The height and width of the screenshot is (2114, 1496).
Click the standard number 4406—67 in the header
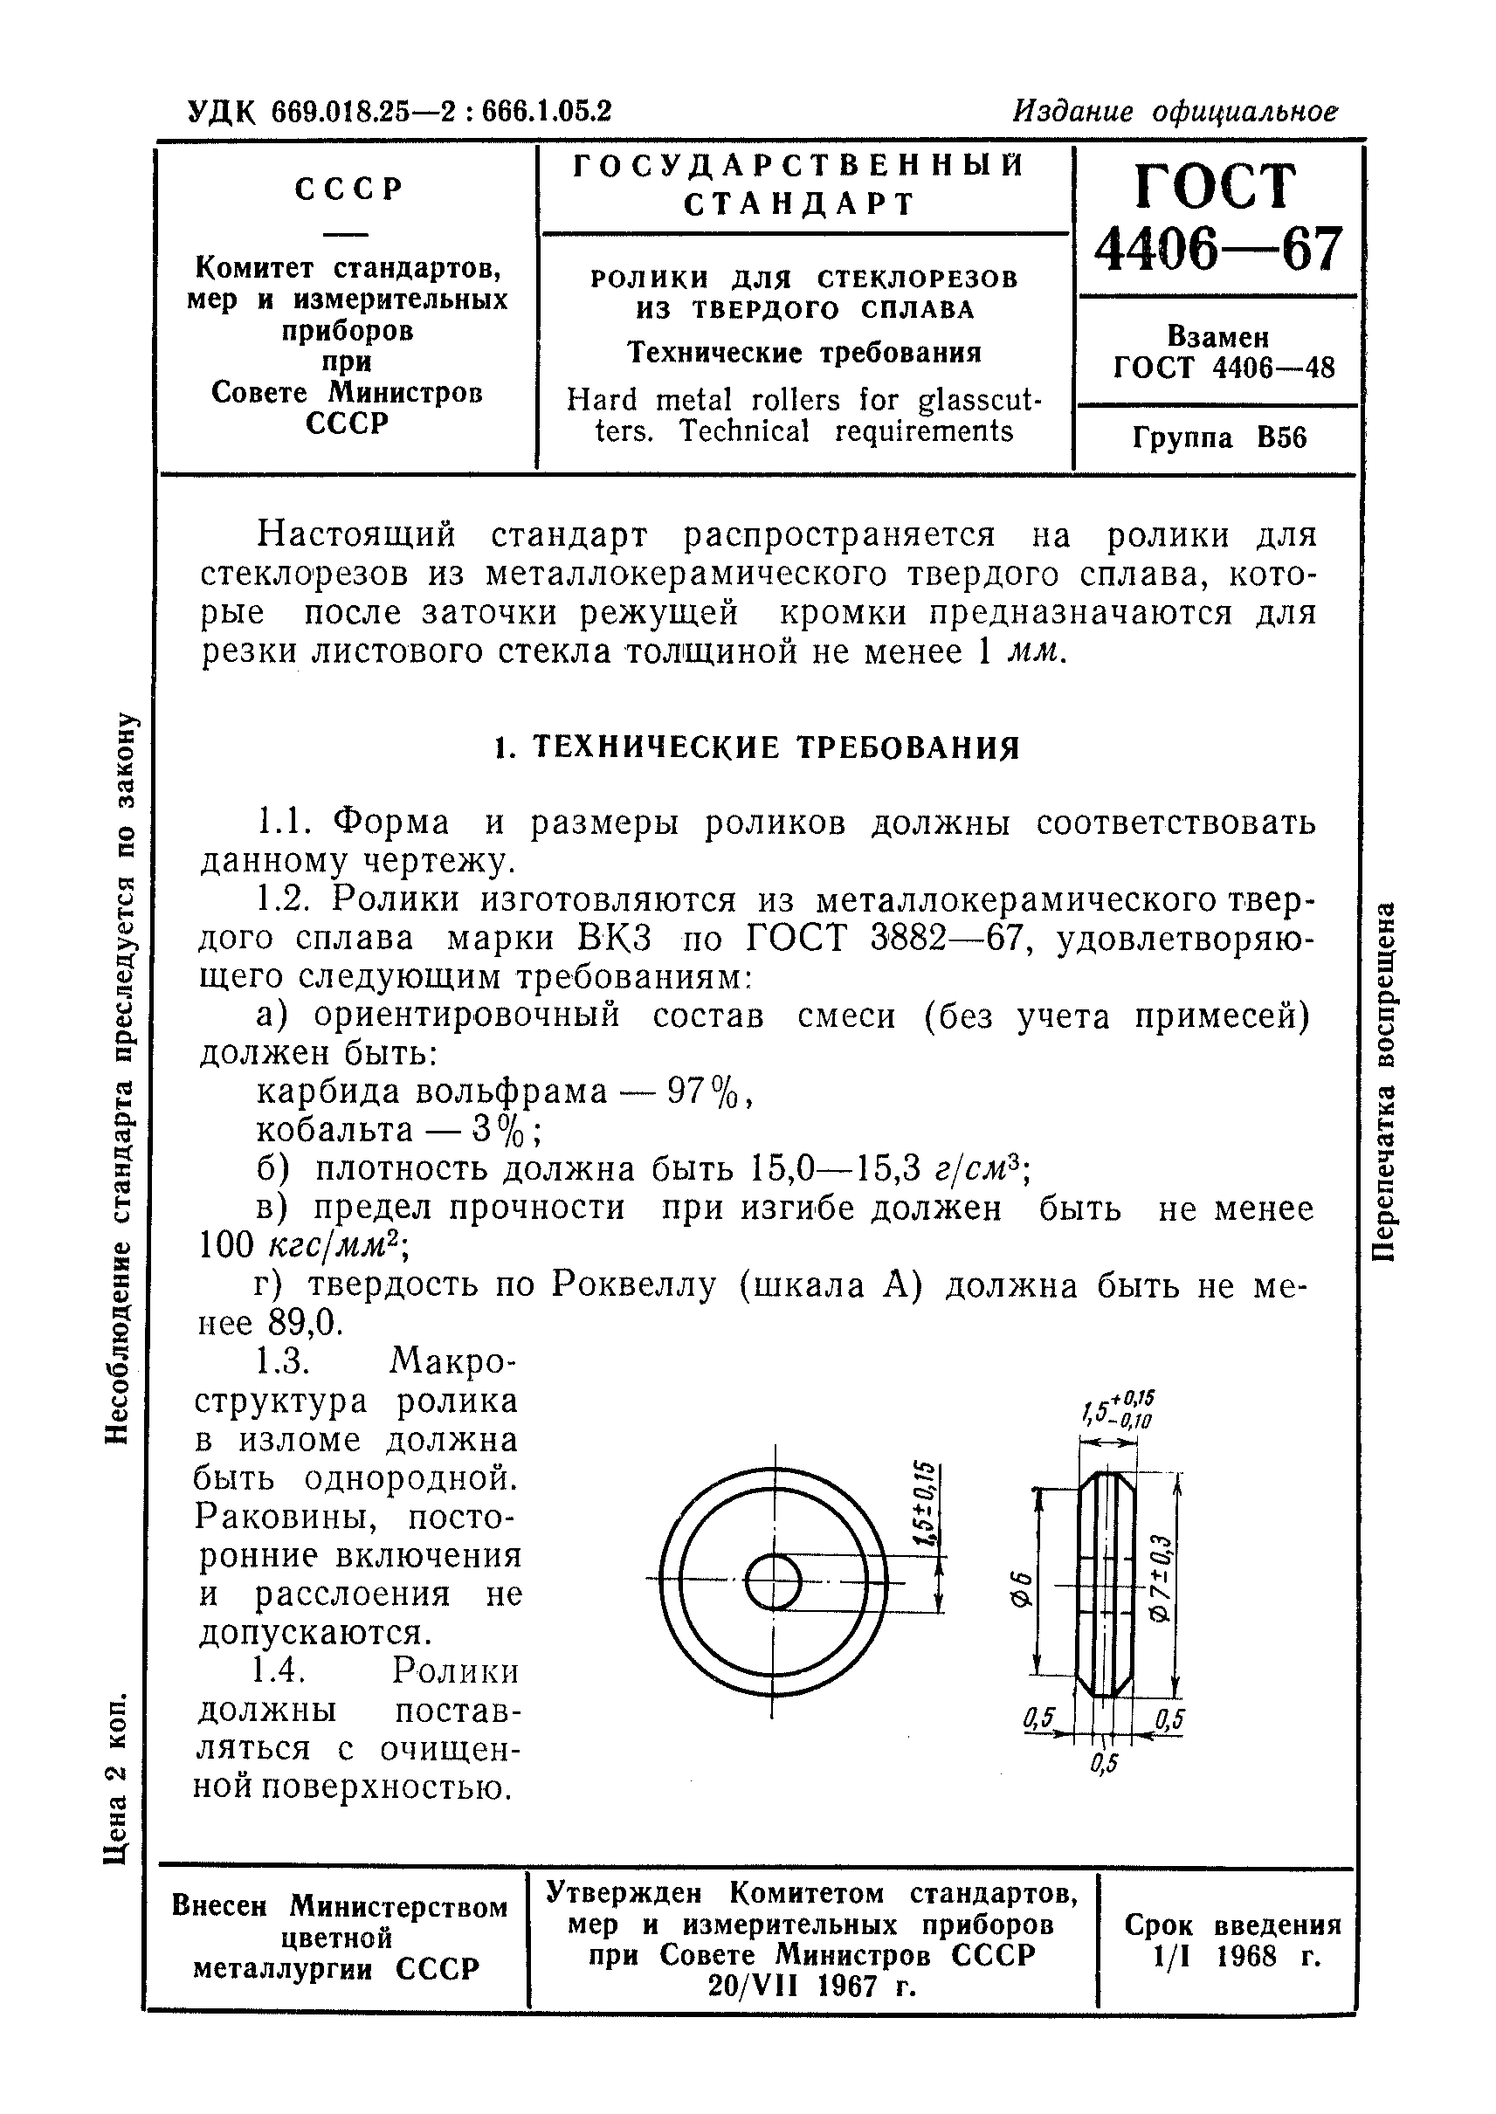pyautogui.click(x=1217, y=250)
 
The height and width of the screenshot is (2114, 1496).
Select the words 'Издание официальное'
pyautogui.click(x=1175, y=112)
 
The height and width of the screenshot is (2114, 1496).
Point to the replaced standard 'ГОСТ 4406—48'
pyautogui.click(x=1224, y=368)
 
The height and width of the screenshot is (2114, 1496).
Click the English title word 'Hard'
pyautogui.click(x=602, y=400)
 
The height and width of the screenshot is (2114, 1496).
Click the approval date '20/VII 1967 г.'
pyautogui.click(x=812, y=1986)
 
